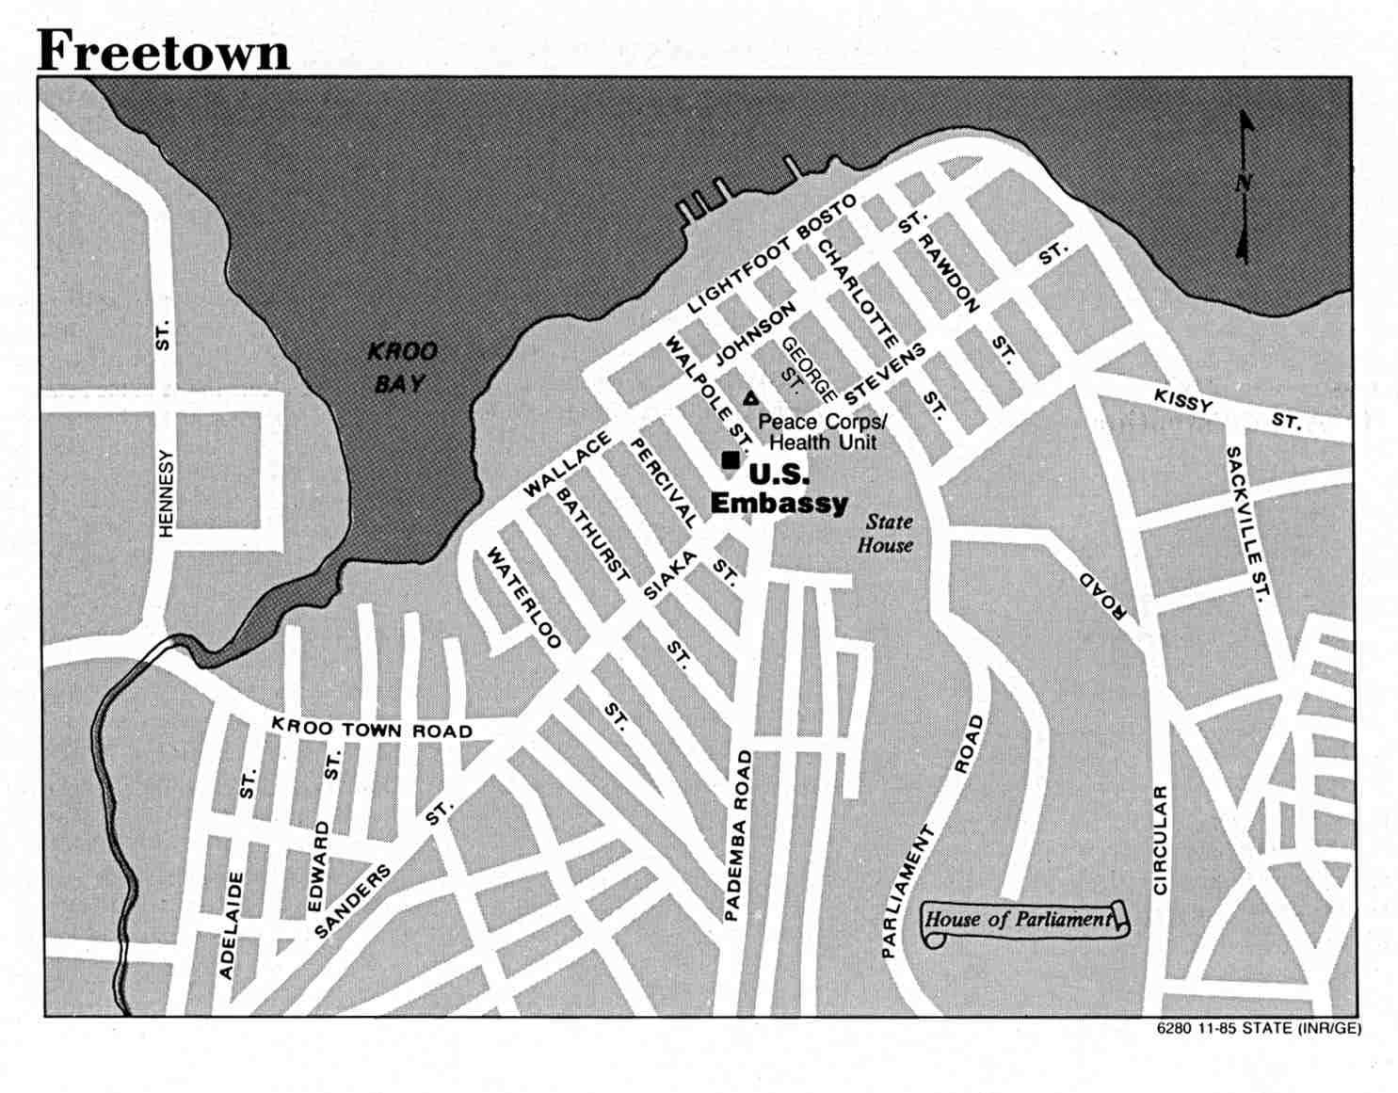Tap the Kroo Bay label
402,367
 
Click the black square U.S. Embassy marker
730,459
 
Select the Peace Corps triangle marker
750,398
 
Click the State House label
886,533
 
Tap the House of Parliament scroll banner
1022,920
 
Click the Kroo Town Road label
372,729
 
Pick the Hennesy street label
167,492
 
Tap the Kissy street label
1184,401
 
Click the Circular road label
1161,840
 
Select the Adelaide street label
232,924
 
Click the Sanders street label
352,902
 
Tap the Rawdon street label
949,273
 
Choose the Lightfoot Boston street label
771,254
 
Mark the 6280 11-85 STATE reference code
1259,1028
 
